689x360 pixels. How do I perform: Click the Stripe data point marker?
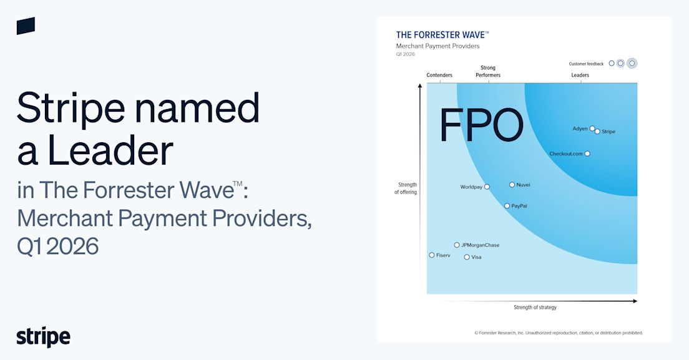[x=597, y=131]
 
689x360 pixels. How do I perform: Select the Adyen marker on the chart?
[x=592, y=129]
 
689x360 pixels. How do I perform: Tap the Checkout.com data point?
[x=587, y=153]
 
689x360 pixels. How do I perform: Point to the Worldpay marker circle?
[x=487, y=187]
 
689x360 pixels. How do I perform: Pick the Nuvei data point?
[x=512, y=185]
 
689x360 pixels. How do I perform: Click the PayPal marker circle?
[x=507, y=206]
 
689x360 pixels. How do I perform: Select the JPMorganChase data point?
[x=457, y=245]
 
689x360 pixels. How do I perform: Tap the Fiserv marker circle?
[x=432, y=255]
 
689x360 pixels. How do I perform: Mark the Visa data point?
[x=467, y=257]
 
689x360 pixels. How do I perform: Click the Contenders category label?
[x=439, y=75]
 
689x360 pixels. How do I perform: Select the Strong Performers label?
[x=488, y=71]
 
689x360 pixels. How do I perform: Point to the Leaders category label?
[x=580, y=75]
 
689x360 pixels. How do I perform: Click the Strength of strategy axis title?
[x=535, y=308]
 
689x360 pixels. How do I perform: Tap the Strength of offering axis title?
[x=406, y=188]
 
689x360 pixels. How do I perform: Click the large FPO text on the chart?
[x=482, y=125]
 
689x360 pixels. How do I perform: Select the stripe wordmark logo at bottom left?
[x=44, y=337]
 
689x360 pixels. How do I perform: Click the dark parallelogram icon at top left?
[x=26, y=26]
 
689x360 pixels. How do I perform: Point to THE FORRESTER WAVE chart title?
[x=442, y=35]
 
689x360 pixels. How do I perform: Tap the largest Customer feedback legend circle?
[x=632, y=63]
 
